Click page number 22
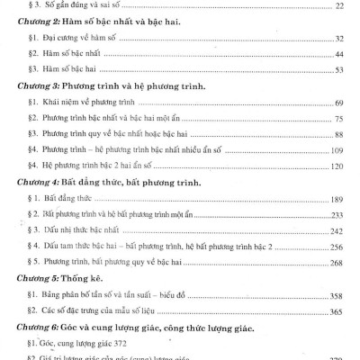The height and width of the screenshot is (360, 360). tap(338, 5)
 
